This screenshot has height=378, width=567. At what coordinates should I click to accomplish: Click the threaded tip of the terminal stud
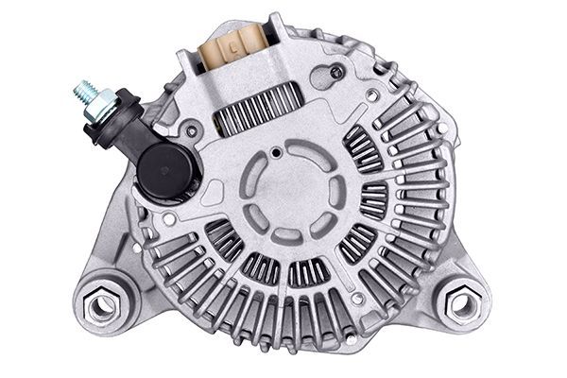coord(82,92)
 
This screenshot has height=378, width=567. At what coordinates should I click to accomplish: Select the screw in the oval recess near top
coord(336,72)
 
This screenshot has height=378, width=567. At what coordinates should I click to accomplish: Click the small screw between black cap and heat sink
coord(192,131)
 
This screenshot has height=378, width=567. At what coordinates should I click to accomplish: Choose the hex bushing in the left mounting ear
coord(99,305)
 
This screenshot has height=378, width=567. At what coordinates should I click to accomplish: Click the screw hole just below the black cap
coord(168,218)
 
